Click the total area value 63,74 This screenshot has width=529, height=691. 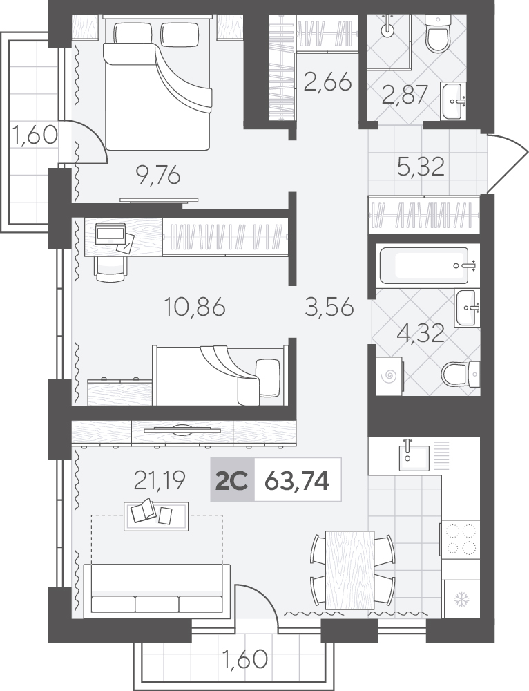296,481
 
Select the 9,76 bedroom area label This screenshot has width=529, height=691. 158,176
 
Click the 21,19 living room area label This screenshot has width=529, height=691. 160,480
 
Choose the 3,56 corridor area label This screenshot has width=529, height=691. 329,307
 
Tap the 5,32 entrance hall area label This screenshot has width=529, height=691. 420,166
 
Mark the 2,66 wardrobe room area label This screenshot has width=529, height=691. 328,82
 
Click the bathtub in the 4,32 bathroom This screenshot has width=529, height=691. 424,266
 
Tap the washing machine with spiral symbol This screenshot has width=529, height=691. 389,376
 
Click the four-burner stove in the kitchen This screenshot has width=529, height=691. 461,538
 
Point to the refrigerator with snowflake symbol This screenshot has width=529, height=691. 461,599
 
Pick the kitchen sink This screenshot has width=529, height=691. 414,457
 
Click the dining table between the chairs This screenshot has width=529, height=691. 349,569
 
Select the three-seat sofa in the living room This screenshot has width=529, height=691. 157,589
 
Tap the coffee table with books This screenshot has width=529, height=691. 156,516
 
